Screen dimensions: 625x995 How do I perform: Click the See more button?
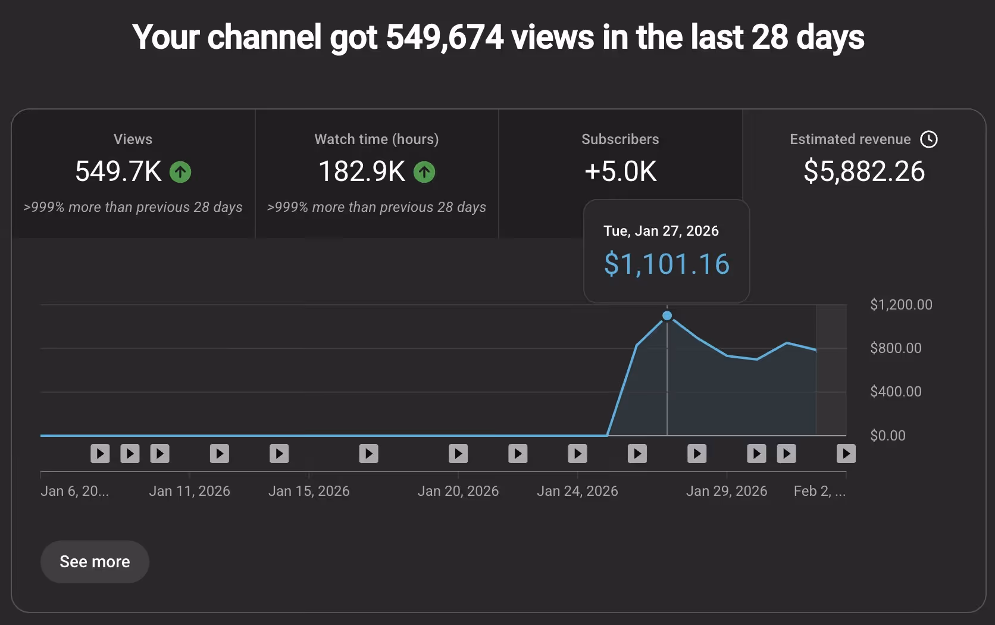[95, 561]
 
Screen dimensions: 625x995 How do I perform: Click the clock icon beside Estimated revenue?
[928, 139]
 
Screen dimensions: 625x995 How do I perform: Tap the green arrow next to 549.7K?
[180, 172]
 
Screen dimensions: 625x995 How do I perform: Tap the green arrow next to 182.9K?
[424, 172]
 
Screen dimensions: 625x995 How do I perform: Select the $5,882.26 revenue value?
[863, 171]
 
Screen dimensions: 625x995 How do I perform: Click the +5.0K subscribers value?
[620, 171]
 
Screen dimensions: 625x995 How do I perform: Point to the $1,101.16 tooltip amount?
[667, 264]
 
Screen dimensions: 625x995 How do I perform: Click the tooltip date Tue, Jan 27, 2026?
[661, 231]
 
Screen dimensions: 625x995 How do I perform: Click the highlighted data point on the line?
[667, 315]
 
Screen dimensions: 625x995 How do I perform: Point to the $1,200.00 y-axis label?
[900, 305]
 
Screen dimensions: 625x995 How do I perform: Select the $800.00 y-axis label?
[895, 348]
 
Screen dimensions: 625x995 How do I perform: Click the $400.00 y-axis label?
[895, 392]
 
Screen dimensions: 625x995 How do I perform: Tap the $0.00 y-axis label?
[887, 436]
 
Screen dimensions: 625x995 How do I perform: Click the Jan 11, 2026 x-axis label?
[189, 491]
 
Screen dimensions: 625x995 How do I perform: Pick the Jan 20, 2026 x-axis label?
[458, 491]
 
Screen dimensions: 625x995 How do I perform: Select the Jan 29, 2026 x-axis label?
[726, 491]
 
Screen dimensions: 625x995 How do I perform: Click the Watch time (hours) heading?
[376, 139]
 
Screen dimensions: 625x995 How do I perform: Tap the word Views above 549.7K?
[133, 139]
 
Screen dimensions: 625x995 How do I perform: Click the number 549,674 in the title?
[445, 37]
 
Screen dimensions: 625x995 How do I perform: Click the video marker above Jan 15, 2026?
[279, 454]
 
